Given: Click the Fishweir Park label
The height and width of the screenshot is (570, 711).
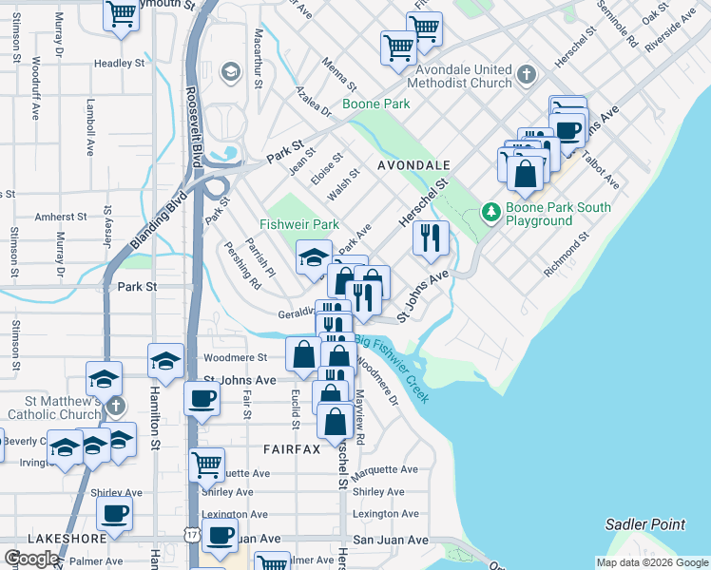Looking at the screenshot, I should coord(299,225).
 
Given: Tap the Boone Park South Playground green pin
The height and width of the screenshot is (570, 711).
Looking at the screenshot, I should coord(491,211).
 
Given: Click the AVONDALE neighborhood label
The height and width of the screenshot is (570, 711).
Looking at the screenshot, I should coord(413,164).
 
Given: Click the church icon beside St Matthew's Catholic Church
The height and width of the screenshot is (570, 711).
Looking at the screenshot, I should coord(114,407).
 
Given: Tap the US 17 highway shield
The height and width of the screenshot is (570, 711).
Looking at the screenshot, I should coord(193,537).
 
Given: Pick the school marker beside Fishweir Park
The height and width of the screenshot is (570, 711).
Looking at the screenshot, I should coord(314,257).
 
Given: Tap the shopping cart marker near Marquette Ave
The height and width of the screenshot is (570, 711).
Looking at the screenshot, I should coord(206,465).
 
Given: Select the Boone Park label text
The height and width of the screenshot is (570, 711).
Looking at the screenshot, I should coord(376,104).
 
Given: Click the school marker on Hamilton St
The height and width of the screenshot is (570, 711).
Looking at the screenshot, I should coord(165,361).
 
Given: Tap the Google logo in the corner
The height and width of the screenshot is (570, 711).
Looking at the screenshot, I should coord(32,559).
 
